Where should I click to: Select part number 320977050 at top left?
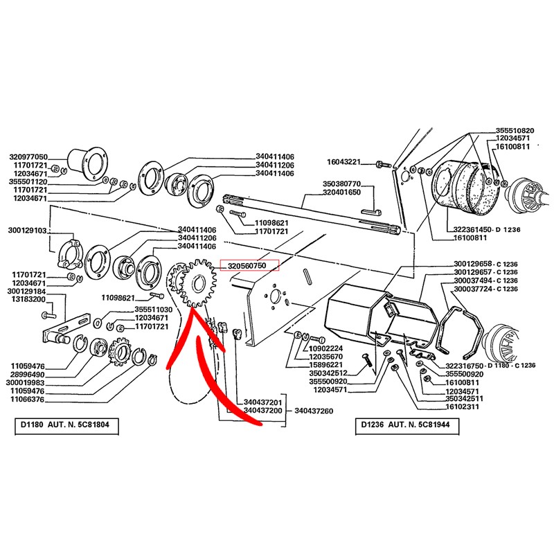click(x=28, y=157)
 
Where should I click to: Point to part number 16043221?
click(x=343, y=162)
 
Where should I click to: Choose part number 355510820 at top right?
click(x=515, y=130)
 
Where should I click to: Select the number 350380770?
click(x=342, y=184)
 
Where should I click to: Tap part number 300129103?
click(x=27, y=229)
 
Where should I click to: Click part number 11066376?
click(x=28, y=399)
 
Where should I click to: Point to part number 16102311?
click(x=465, y=408)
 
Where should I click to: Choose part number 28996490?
click(x=28, y=373)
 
